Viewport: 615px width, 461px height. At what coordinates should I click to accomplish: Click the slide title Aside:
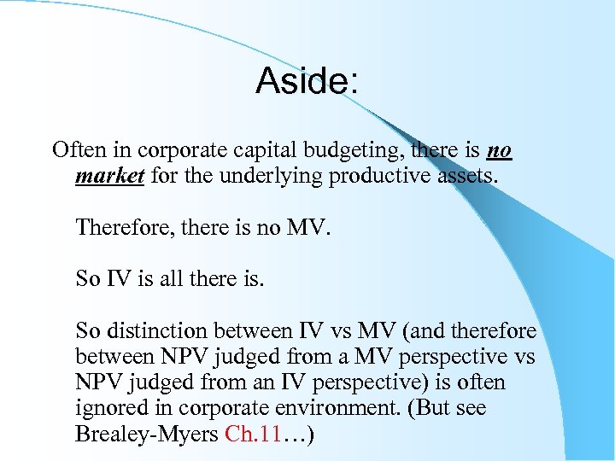click(x=307, y=82)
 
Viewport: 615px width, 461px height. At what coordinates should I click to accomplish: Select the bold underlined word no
click(x=499, y=151)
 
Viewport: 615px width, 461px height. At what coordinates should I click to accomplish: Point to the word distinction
click(x=156, y=330)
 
